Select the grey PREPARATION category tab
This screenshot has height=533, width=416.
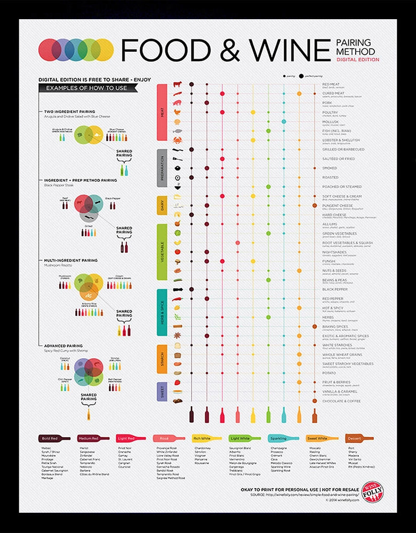[x=163, y=168]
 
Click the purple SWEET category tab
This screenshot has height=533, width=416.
[x=163, y=392]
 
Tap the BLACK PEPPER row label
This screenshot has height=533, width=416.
[x=335, y=289]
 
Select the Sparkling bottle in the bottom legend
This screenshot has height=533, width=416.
[x=284, y=438]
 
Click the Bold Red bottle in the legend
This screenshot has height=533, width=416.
[x=54, y=438]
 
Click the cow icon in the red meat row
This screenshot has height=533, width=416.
[x=178, y=84]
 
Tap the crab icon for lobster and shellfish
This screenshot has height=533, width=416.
[x=178, y=140]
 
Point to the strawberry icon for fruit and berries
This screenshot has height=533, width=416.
[x=178, y=382]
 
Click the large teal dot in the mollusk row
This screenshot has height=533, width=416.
[x=284, y=122]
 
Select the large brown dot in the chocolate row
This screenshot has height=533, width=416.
[x=314, y=401]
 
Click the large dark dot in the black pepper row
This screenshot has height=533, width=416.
[x=191, y=289]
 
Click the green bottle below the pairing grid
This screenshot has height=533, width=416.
[x=268, y=414]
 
